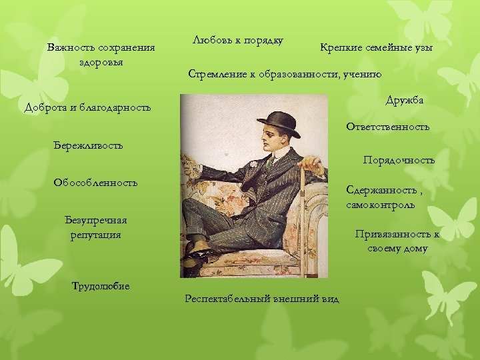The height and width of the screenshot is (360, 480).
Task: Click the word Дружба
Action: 405,100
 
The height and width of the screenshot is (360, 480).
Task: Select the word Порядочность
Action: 399,160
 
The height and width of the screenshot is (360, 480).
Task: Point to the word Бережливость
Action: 87,145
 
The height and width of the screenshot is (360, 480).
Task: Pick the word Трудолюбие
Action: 100,286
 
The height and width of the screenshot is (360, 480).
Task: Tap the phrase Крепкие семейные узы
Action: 376,48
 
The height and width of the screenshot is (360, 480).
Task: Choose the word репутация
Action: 95,235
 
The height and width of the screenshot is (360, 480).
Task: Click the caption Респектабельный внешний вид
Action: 261,299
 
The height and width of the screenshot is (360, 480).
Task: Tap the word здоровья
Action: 101,62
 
